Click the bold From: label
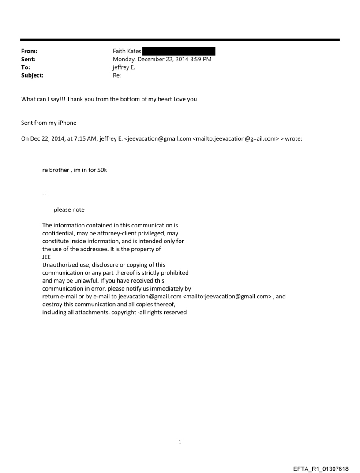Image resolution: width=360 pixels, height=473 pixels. pyautogui.click(x=29, y=52)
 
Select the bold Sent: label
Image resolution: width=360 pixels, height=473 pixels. pyautogui.click(x=28, y=60)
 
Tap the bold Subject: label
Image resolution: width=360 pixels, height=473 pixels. pyautogui.click(x=32, y=75)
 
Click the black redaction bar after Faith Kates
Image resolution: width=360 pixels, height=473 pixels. pyautogui.click(x=179, y=52)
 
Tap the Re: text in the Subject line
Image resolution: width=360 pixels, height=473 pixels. pyautogui.click(x=117, y=75)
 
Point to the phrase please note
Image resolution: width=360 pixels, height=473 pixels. pyautogui.click(x=69, y=210)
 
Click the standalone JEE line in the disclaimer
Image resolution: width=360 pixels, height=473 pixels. pyautogui.click(x=47, y=257)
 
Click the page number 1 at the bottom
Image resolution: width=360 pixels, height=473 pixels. pyautogui.click(x=180, y=442)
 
